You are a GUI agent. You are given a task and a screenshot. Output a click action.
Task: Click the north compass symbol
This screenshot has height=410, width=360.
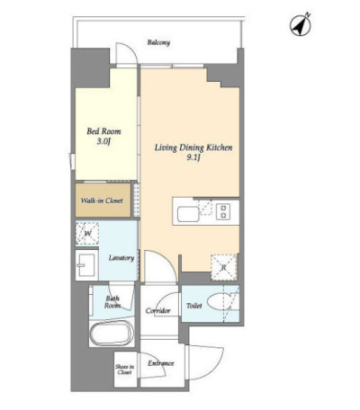coord(301,25)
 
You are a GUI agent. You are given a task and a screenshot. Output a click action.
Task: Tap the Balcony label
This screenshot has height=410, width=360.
coord(158,42)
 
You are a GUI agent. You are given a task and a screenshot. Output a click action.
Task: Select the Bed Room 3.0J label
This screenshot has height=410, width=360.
coord(103,136)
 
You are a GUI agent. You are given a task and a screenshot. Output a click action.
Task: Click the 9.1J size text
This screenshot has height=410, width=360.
coord(193,158)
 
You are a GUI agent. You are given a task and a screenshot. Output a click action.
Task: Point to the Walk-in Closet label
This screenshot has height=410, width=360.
coord(102,201)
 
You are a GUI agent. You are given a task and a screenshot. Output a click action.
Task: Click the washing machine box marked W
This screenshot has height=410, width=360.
coord(87,233)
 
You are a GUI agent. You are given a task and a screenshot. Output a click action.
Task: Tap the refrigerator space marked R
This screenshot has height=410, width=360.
coord(223,268)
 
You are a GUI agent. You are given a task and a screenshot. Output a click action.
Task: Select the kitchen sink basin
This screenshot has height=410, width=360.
coord(188,214)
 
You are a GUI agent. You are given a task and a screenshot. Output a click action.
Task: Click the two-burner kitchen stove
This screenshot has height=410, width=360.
coord(223,211)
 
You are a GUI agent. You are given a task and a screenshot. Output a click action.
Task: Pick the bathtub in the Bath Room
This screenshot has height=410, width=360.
coord(112,333)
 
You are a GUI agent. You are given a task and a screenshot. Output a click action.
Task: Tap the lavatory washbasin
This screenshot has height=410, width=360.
coord(86,265)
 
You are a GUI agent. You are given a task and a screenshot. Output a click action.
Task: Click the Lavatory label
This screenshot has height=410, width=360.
coord(121,258)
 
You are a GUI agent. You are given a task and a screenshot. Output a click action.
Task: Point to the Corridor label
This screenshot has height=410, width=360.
coord(158,311)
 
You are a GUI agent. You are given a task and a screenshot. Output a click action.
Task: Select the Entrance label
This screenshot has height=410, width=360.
coord(161,363)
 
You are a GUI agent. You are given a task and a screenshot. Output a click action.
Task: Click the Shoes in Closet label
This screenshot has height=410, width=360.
coord(125,370)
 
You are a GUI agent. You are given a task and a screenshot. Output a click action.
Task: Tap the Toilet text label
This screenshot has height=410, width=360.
coord(194,306)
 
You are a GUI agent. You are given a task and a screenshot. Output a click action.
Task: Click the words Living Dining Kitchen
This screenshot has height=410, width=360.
coord(193,147)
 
